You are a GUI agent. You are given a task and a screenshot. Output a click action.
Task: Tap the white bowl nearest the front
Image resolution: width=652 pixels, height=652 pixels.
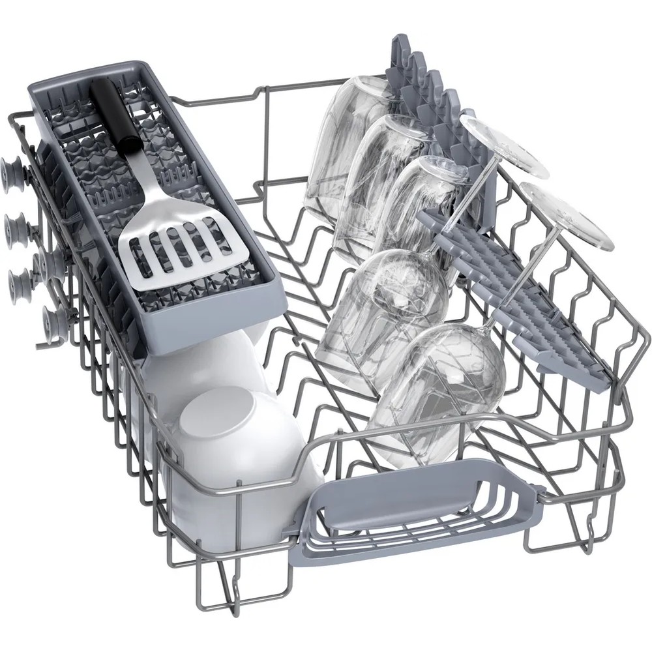coord(235,450)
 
